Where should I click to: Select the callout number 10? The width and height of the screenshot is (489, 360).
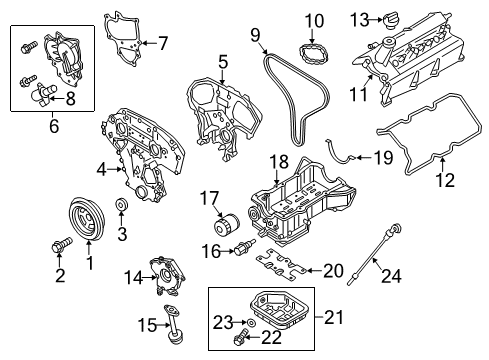tap(315, 19)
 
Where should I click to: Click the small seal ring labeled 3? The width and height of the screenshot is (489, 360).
tap(120, 207)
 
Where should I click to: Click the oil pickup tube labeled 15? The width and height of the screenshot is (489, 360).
tap(176, 327)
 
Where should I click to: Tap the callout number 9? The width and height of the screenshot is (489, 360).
tap(258, 38)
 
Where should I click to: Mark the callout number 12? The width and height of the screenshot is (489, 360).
tap(444, 181)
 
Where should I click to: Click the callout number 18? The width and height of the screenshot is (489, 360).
tap(277, 161)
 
